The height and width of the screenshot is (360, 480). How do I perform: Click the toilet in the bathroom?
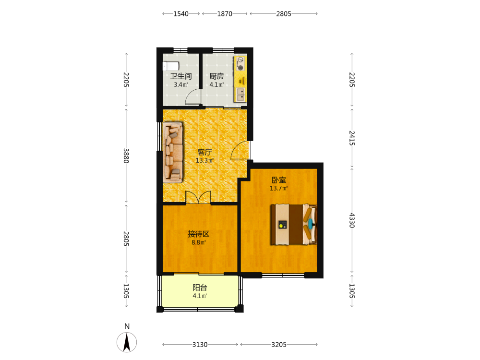pyautogui.click(x=171, y=66)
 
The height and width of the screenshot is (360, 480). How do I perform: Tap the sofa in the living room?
pyautogui.click(x=173, y=153)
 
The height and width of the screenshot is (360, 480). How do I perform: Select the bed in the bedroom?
pyautogui.click(x=294, y=224)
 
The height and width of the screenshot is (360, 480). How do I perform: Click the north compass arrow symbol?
pyautogui.click(x=127, y=342)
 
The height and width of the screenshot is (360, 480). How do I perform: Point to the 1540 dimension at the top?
pyautogui.click(x=181, y=14)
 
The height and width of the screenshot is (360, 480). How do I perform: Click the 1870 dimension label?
pyautogui.click(x=225, y=14)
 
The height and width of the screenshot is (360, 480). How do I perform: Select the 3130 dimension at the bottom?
pyautogui.click(x=200, y=345)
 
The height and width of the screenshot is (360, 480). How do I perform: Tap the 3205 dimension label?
pyautogui.click(x=279, y=345)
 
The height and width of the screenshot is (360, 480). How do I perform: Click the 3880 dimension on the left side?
pyautogui.click(x=126, y=156)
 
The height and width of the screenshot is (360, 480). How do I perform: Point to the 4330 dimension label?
pyautogui.click(x=352, y=220)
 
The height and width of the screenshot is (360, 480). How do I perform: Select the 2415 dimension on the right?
pyautogui.click(x=352, y=138)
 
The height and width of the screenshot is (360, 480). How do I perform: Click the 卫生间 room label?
pyautogui.click(x=181, y=76)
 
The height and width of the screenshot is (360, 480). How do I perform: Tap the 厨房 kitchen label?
pyautogui.click(x=217, y=76)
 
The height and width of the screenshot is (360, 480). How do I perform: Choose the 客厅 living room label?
pyautogui.click(x=204, y=152)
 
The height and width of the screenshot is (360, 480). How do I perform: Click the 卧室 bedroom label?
pyautogui.click(x=279, y=180)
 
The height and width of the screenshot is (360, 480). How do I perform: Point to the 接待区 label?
pyautogui.click(x=199, y=234)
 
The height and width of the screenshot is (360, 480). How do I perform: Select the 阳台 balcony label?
pyautogui.click(x=200, y=288)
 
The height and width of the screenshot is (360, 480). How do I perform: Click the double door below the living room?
pyautogui.click(x=198, y=197)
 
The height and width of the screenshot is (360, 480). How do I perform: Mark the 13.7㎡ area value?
pyautogui.click(x=278, y=188)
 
